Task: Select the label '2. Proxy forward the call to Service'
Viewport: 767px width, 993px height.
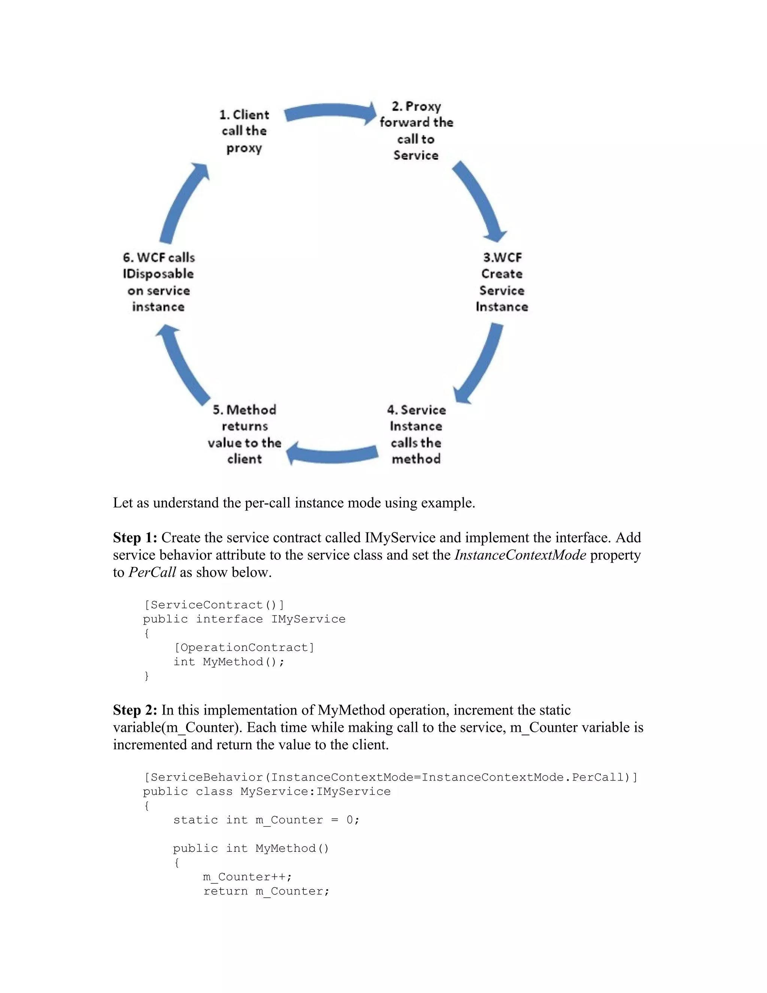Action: pos(416,131)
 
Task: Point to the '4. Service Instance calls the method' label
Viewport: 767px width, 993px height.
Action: pos(416,434)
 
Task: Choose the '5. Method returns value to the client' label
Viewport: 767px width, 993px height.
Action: pos(245,434)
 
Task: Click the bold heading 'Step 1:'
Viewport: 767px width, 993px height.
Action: pos(135,538)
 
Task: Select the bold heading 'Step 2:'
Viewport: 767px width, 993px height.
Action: pos(135,710)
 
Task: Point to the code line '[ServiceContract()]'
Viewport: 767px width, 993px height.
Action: pos(214,605)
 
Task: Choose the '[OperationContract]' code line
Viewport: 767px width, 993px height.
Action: pos(244,648)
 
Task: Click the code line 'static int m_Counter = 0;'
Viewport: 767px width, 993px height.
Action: pos(266,820)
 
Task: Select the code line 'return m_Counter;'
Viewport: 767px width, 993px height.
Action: pos(266,891)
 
